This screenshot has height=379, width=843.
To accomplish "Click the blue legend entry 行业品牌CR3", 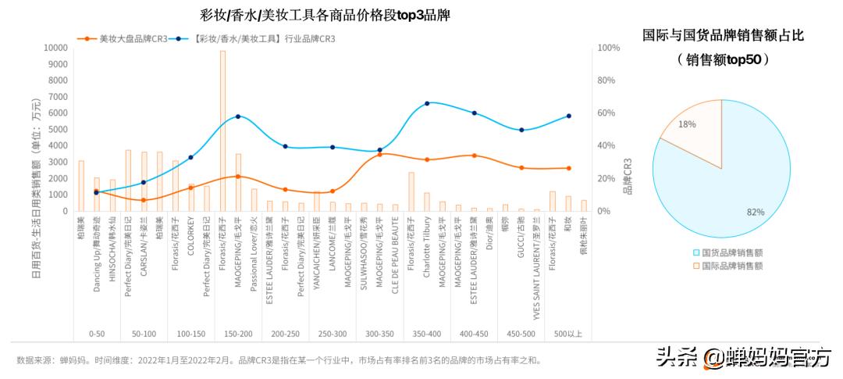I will click(254, 38).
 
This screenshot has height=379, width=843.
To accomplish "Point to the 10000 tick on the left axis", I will click(54, 48).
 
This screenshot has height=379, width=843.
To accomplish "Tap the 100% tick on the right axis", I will click(608, 48).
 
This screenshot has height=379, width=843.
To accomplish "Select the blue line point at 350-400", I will click(427, 103).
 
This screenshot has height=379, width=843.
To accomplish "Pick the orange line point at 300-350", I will click(379, 155).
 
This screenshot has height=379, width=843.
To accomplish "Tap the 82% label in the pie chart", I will click(755, 212).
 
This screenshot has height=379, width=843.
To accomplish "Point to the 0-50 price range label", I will click(97, 334).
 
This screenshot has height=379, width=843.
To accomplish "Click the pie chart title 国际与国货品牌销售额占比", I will click(723, 35).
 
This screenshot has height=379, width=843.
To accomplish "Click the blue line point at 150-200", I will click(238, 116).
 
